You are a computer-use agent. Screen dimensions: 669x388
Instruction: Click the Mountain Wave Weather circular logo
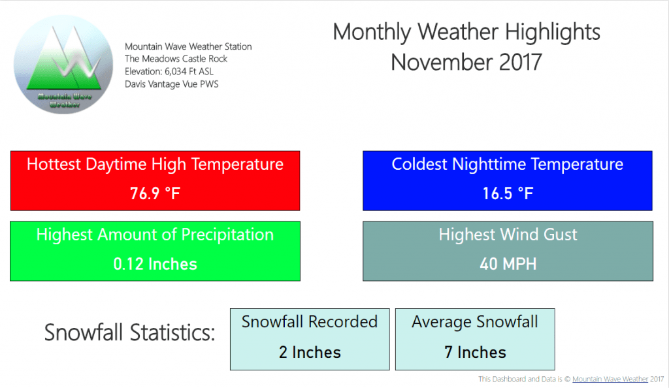pos(63,65)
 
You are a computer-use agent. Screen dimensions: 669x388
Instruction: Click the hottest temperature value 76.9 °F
pos(155,193)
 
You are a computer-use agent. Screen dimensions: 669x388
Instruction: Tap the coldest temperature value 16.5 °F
pos(508,193)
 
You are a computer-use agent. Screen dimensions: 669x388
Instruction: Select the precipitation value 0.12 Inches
pos(155,264)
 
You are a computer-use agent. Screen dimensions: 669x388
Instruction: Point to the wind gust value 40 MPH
pos(508,264)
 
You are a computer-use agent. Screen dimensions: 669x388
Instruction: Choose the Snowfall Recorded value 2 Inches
pos(310,352)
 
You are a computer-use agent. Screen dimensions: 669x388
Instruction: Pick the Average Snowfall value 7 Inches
pos(475,352)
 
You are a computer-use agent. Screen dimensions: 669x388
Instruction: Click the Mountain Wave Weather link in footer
pos(610,379)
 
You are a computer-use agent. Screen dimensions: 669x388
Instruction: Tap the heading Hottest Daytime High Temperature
pos(155,165)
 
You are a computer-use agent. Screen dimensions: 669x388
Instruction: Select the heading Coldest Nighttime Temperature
pos(507,165)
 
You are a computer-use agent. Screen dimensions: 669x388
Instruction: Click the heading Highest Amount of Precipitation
pos(155,235)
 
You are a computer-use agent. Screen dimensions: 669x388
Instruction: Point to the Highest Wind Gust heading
pos(508,234)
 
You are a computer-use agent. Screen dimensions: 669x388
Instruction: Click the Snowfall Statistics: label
pos(130,332)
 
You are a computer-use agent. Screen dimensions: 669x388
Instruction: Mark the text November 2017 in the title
pos(466,62)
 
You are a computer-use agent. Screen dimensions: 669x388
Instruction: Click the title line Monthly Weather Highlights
pos(466,33)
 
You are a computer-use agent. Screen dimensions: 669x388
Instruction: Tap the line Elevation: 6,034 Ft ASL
pos(169,71)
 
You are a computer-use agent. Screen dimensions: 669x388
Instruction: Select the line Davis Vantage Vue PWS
pos(172,84)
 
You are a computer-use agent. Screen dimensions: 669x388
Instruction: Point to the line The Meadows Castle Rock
pos(176,58)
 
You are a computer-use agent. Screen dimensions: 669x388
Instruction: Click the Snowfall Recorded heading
pos(310,322)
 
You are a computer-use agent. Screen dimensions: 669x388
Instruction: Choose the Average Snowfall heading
pos(475,322)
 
